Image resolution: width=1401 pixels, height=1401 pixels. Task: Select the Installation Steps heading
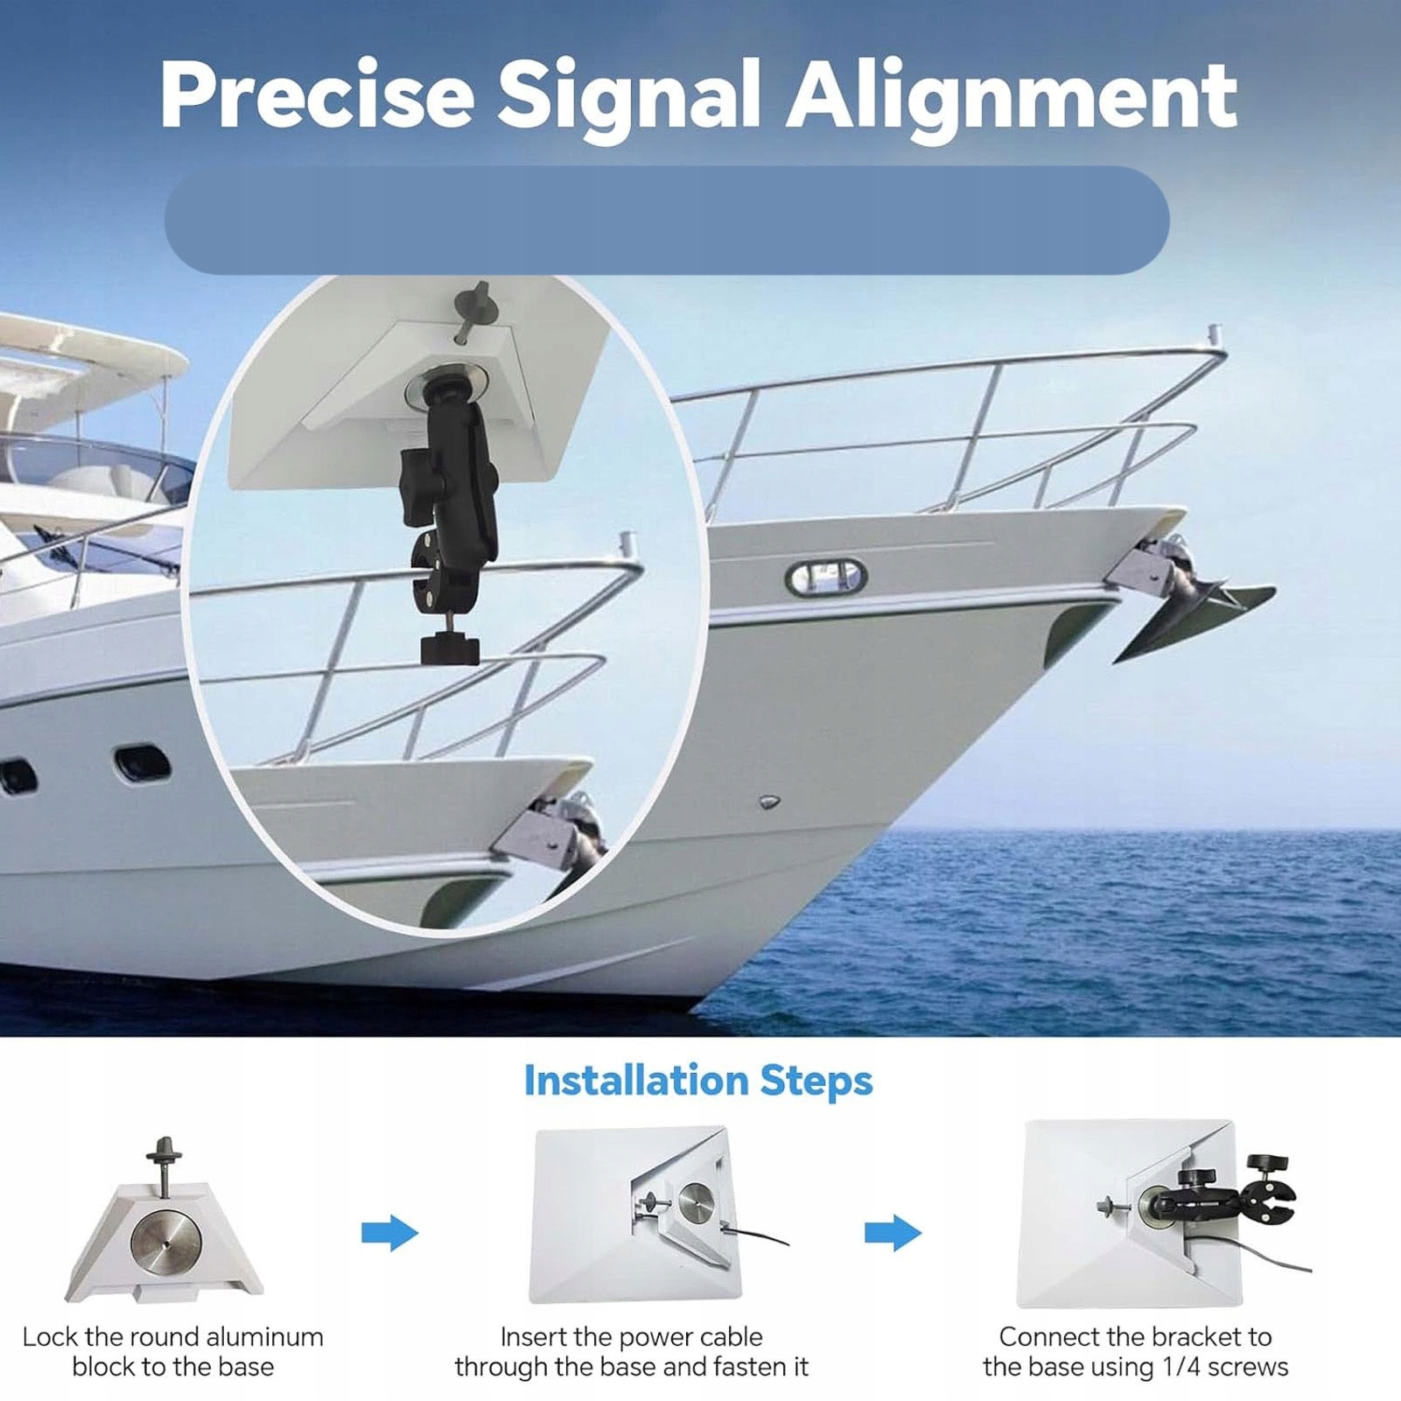tap(697, 1081)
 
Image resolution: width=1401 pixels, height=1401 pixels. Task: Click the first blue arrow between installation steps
tap(389, 1233)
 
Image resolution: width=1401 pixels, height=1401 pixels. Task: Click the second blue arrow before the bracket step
tap(893, 1233)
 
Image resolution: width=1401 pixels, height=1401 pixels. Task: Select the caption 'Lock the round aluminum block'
tap(173, 1351)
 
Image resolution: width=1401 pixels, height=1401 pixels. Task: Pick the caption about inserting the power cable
tap(631, 1351)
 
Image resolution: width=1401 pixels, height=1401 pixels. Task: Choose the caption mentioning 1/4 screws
tap(1135, 1351)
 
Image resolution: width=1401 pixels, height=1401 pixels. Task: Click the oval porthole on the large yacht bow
tap(825, 578)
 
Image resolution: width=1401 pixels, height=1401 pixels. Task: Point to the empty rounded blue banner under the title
tap(667, 221)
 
